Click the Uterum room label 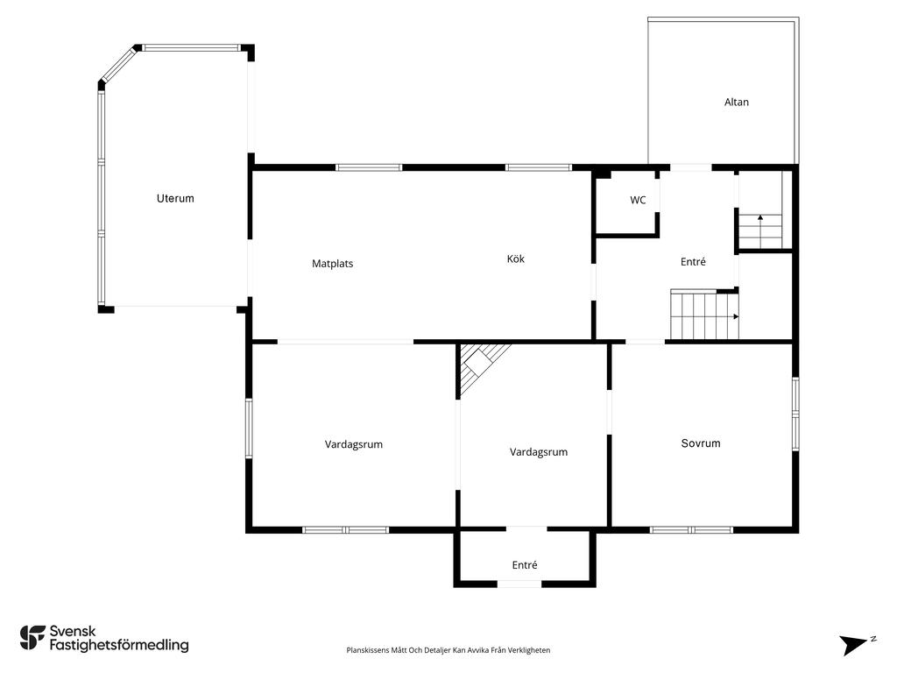pyautogui.click(x=175, y=199)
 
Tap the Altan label pyautogui.click(x=736, y=103)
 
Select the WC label pyautogui.click(x=638, y=201)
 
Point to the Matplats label pyautogui.click(x=332, y=264)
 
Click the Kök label pyautogui.click(x=515, y=259)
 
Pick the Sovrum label pyautogui.click(x=700, y=443)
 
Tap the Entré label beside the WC pyautogui.click(x=693, y=261)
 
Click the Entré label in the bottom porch pyautogui.click(x=525, y=565)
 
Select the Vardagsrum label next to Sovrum pyautogui.click(x=539, y=452)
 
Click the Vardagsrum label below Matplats pyautogui.click(x=354, y=444)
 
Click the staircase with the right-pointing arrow pyautogui.click(x=704, y=315)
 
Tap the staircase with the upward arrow pyautogui.click(x=760, y=230)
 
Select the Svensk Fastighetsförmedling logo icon pyautogui.click(x=32, y=638)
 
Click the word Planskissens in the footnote pyautogui.click(x=368, y=650)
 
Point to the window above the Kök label pyautogui.click(x=539, y=167)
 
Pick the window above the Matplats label pyautogui.click(x=369, y=167)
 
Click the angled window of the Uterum pyautogui.click(x=119, y=65)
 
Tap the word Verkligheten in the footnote pyautogui.click(x=531, y=650)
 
